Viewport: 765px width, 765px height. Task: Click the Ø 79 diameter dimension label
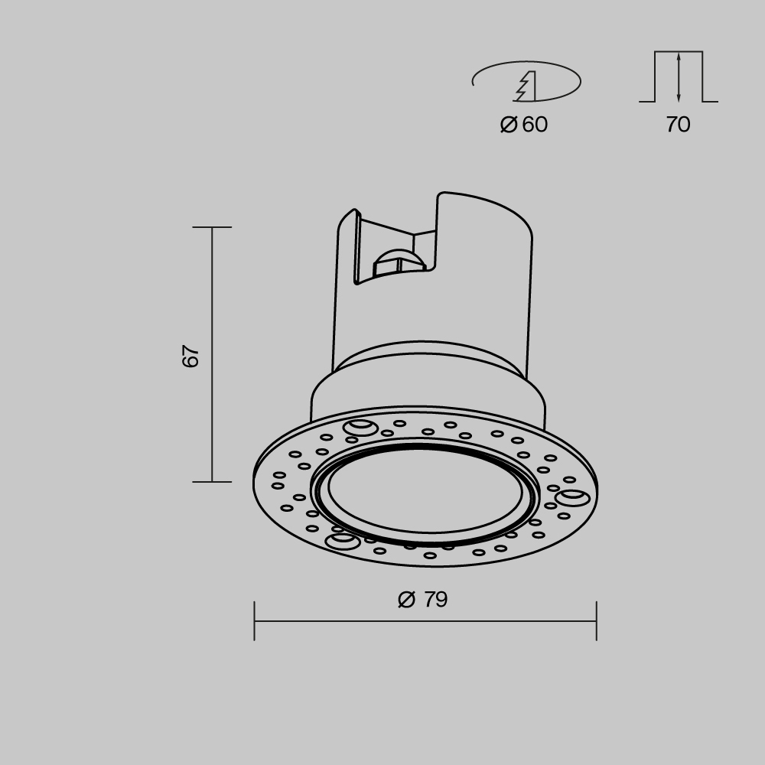pos(423,600)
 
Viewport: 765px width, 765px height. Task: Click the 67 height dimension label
pos(191,356)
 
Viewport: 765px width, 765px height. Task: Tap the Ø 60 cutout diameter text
pos(524,125)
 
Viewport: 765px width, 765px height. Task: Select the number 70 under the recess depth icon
pos(678,125)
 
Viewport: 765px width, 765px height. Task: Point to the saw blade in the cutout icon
pos(526,86)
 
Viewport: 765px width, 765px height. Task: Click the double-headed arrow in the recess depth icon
pos(679,76)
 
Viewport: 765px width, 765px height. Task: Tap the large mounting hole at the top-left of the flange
pos(360,428)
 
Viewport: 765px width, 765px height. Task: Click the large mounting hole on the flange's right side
pos(572,499)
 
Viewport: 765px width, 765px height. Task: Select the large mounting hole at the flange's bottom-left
pos(342,542)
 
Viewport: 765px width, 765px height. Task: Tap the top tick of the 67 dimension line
pos(212,227)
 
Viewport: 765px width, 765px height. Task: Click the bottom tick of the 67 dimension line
pos(212,482)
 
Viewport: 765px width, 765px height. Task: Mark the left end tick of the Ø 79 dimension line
pos(255,620)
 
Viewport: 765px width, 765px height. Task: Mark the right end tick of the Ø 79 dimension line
pos(596,620)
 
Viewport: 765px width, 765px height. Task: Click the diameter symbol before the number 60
pos(509,125)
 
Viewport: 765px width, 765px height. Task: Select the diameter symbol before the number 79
pos(406,600)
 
